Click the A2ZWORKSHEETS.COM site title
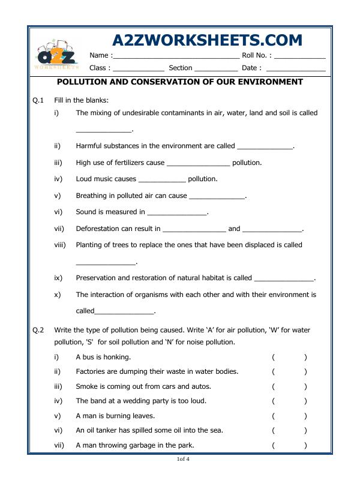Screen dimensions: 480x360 207,40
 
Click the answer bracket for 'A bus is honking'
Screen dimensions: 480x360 289,357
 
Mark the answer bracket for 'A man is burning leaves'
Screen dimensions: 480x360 289,416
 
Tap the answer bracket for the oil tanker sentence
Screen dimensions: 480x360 289,430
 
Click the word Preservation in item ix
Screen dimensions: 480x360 99,278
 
